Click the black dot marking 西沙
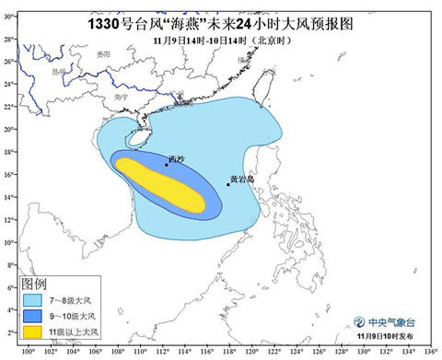[x=167, y=165]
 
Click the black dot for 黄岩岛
[x=228, y=184]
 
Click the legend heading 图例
[x=34, y=285]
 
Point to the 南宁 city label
[x=117, y=95]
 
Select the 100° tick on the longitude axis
[x=28, y=351]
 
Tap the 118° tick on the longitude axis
[x=229, y=351]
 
